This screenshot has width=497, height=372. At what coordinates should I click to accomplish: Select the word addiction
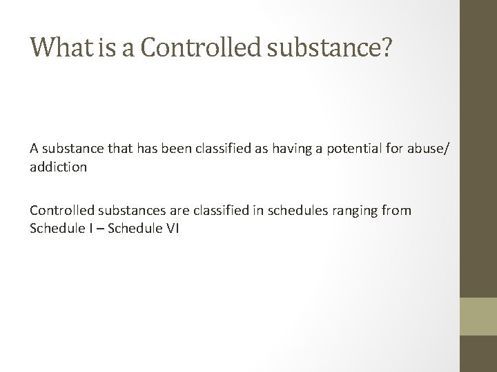59,166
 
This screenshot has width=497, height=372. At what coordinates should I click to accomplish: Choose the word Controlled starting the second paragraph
60,210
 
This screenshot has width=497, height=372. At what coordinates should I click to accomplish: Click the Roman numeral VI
172,229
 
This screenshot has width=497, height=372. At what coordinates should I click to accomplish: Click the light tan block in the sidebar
478,316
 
